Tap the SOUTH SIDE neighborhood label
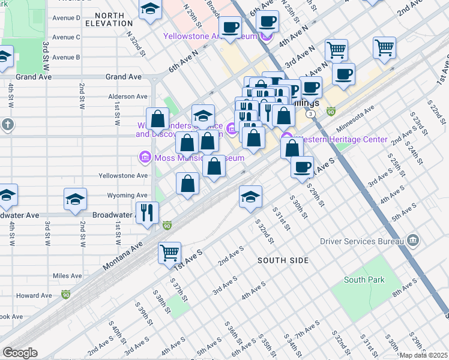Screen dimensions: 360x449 (283, 260)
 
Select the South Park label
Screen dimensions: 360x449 (364, 280)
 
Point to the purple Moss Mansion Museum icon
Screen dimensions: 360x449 (144, 158)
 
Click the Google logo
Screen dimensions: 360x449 (20, 353)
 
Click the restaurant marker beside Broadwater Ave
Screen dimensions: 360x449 (147, 212)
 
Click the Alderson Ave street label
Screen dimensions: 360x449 (127, 97)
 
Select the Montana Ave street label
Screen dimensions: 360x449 (124, 247)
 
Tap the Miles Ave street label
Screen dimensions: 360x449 (67, 275)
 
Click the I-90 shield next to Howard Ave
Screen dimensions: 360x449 (65, 295)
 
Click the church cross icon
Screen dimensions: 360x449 (7, 124)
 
